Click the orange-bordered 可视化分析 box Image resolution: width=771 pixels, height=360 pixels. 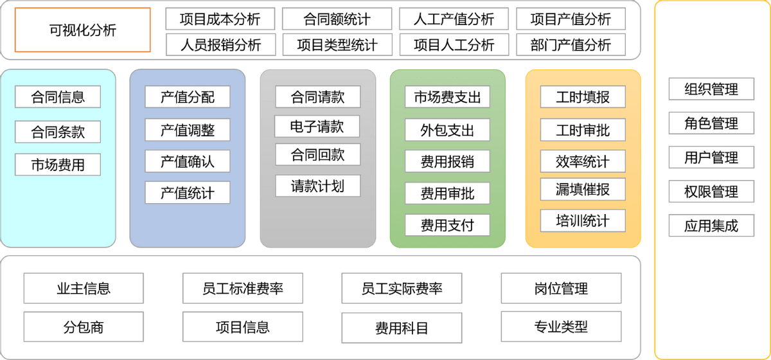[82, 30]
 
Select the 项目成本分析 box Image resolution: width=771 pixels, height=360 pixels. [220, 19]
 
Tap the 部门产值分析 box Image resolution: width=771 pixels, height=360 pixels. [571, 45]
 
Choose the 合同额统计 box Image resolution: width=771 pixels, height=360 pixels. [337, 19]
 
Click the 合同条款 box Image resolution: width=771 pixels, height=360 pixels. [58, 132]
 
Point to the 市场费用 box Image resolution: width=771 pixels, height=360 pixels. [58, 165]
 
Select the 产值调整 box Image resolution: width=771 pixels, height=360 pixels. [187, 130]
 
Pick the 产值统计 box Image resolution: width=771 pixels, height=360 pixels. [187, 193]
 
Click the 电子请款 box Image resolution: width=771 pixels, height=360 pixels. [317, 126]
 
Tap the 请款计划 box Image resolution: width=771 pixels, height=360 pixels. [317, 186]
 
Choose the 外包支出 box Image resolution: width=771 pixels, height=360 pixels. [447, 130]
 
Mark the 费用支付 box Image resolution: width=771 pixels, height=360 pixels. [447, 225]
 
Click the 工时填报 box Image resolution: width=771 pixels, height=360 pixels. [583, 97]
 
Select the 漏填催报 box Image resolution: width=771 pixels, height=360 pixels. [583, 189]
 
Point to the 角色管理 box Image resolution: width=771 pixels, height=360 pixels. [711, 123]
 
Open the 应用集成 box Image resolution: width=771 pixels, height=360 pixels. [711, 226]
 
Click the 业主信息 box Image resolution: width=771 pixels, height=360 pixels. [84, 288]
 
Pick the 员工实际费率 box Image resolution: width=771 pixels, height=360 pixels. [402, 288]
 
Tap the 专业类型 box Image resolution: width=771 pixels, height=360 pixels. [561, 327]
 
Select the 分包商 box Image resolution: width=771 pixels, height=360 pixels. [84, 327]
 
